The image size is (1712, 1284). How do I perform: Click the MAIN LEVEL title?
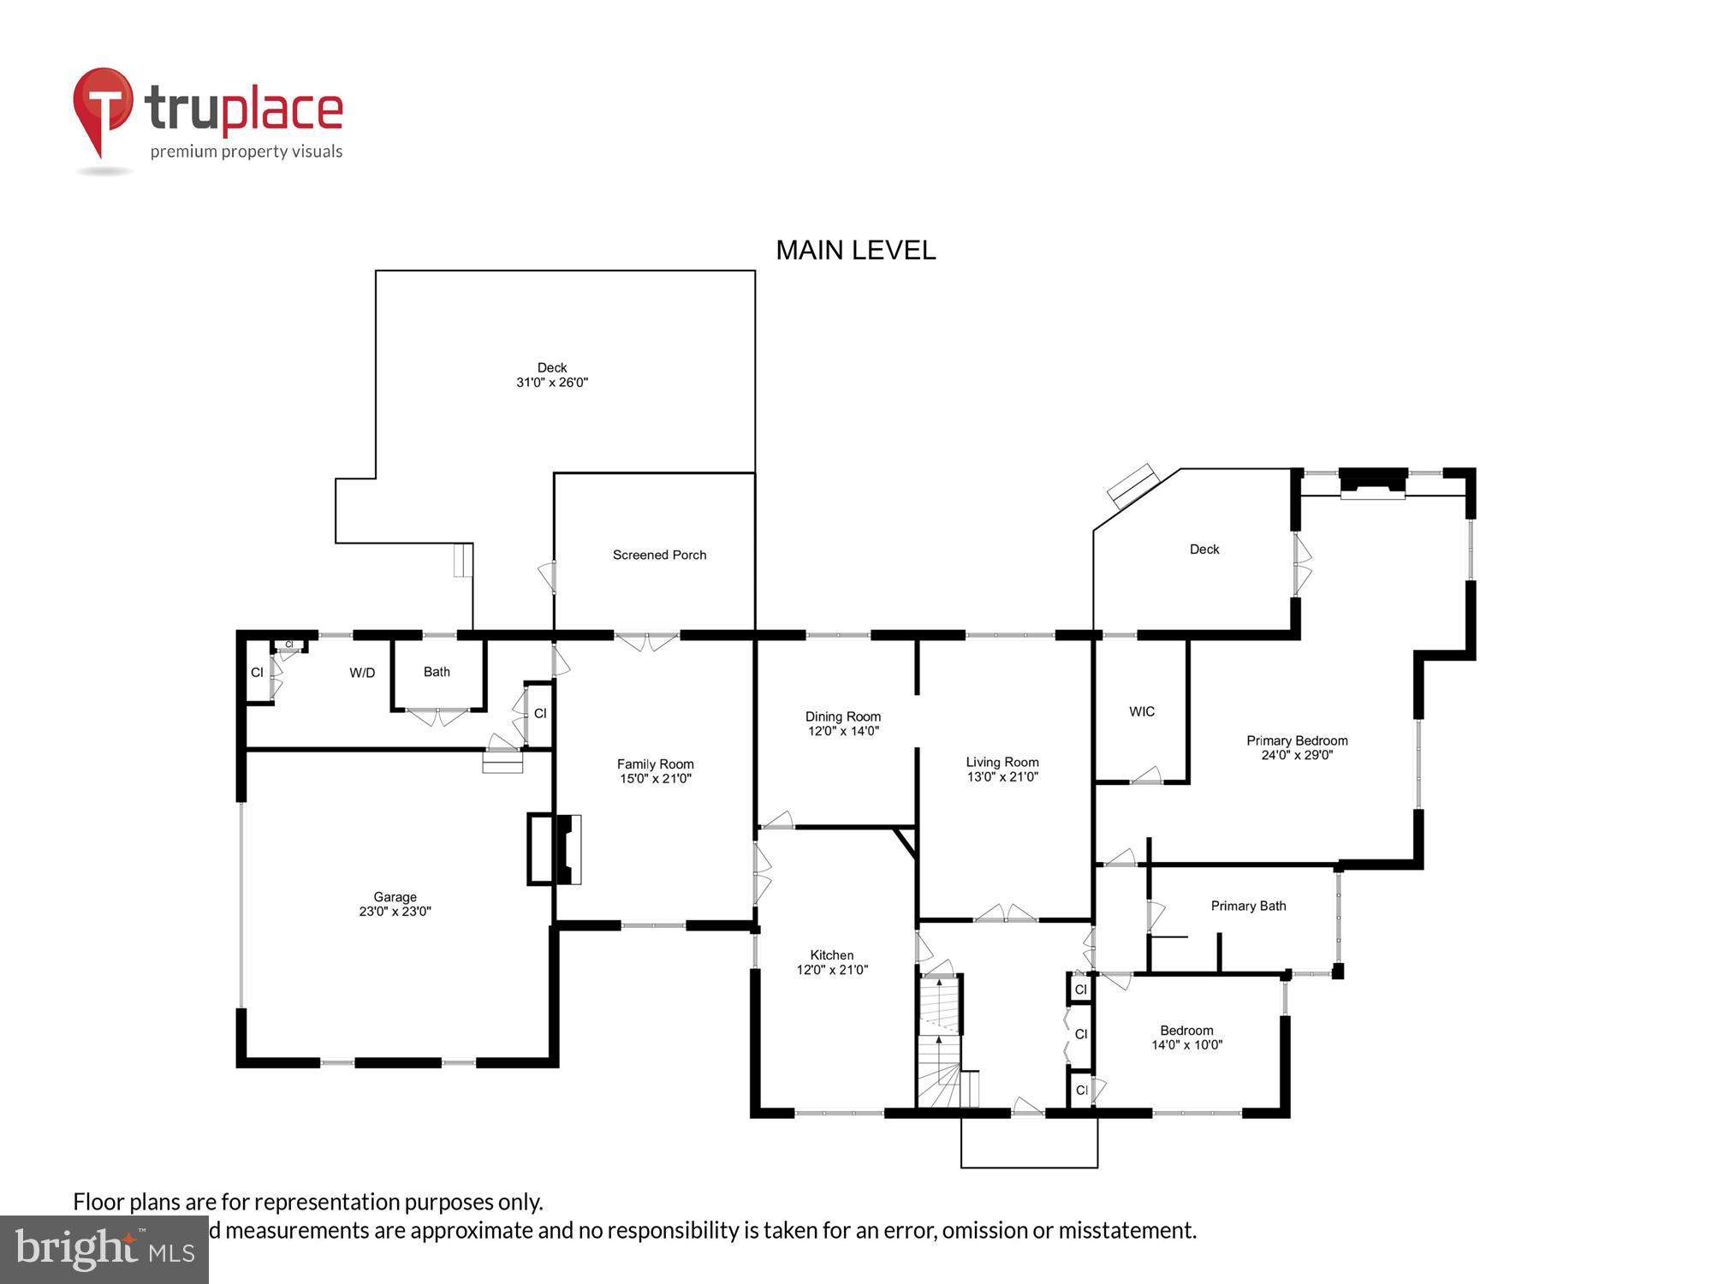(855, 250)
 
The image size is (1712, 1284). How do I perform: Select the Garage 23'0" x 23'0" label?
(395, 904)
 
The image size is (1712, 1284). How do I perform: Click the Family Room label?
(655, 764)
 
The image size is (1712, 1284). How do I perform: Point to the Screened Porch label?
(659, 555)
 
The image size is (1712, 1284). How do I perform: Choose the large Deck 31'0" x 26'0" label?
(552, 375)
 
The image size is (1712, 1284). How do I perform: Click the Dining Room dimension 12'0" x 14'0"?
(843, 731)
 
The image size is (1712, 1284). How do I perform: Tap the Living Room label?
(1002, 762)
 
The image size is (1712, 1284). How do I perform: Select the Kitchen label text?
(832, 955)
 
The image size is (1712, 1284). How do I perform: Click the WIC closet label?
(1141, 711)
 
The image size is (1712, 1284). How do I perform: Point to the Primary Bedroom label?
(1296, 741)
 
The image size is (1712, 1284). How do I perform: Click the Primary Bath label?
(1248, 906)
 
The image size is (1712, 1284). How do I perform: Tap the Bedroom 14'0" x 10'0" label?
(1186, 1037)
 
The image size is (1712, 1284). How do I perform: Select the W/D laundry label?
(362, 673)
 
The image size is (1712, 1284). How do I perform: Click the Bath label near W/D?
(437, 672)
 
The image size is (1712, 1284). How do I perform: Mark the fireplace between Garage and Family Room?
(555, 848)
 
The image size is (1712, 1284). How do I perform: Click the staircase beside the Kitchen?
(940, 1040)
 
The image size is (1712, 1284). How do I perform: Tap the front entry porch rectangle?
(1028, 1143)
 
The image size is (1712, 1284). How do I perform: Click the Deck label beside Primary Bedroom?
(1204, 550)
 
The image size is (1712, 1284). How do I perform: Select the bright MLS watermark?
(104, 1250)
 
